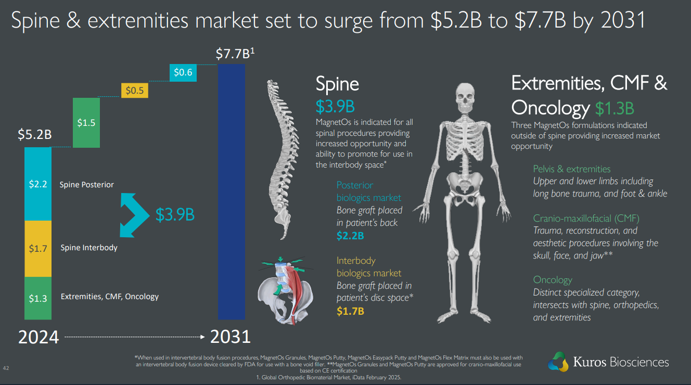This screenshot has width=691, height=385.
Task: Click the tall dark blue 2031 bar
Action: [232, 191]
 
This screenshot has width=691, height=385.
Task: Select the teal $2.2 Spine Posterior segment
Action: [38, 184]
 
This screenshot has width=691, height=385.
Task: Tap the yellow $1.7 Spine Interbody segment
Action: [38, 248]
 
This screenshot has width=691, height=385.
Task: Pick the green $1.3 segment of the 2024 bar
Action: [38, 298]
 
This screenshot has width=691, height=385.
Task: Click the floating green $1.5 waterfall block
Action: [86, 122]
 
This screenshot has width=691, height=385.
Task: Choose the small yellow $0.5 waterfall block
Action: [135, 91]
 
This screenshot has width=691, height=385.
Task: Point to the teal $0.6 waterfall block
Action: [183, 72]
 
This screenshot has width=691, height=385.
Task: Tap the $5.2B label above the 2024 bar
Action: [35, 135]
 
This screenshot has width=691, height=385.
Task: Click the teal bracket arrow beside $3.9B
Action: [132, 213]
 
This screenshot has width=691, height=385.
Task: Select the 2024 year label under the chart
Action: [39, 337]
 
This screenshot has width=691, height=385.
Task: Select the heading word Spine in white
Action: [337, 84]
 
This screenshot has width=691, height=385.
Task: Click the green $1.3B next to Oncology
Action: [615, 108]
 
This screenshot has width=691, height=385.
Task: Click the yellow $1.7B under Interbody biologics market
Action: [350, 311]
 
